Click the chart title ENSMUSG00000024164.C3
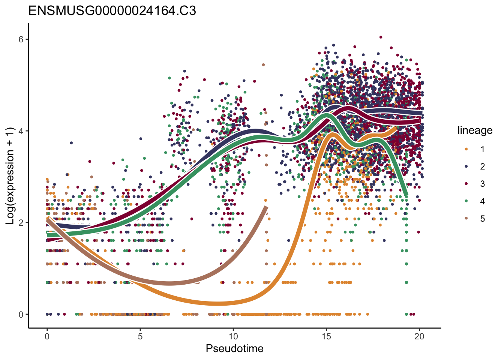coord(112,11)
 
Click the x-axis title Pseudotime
coord(234,349)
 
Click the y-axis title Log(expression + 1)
coord(10,176)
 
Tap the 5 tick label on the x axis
coord(140,336)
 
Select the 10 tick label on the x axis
coord(233,336)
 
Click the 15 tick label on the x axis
coord(326,336)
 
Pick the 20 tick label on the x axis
coord(419,336)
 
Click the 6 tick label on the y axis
coord(21,39)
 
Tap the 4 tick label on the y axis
coord(21,131)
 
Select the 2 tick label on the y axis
coord(21,223)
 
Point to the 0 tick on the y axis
coord(21,314)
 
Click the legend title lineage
coord(475,130)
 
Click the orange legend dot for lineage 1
coord(466,149)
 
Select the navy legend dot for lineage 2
coord(466,166)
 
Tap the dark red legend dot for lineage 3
coord(466,184)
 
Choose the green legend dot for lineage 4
coord(466,201)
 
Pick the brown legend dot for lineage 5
coord(466,219)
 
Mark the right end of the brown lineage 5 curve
coord(266,207)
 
